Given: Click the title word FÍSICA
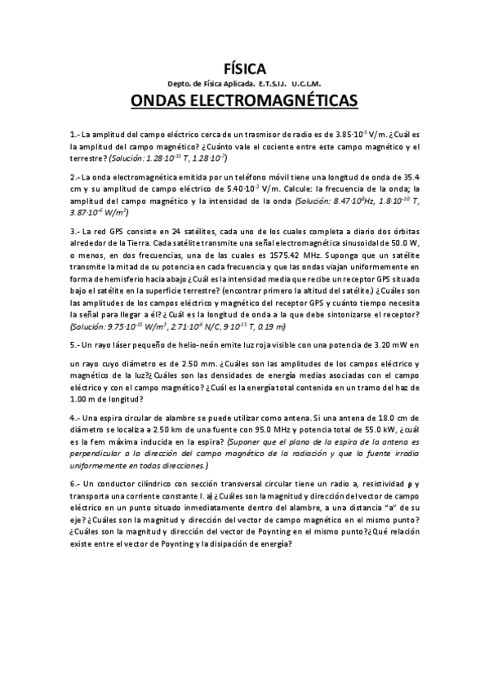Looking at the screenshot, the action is coord(244,69).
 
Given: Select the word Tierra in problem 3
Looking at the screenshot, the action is coord(132,242).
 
